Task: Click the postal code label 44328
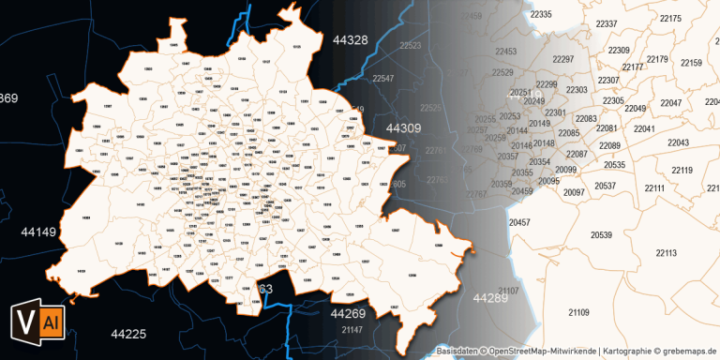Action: (350, 39)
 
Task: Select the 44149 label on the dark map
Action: (38, 230)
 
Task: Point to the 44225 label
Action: (128, 334)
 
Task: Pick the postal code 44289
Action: (490, 298)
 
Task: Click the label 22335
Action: (541, 15)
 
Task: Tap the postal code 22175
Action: (670, 19)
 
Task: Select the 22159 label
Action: (691, 63)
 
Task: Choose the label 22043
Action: (678, 142)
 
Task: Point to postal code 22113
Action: (666, 253)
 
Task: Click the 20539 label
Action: (601, 234)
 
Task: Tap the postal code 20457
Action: (519, 222)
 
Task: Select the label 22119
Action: (682, 170)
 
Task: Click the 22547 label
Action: (383, 80)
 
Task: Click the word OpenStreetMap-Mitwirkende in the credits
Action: (539, 352)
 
